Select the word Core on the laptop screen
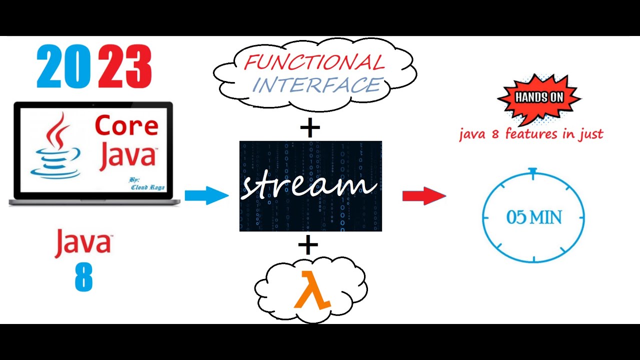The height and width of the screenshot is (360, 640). tap(126, 125)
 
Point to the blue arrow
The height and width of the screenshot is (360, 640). tap(206, 195)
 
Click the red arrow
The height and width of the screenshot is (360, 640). tap(424, 195)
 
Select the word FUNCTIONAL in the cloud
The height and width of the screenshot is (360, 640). tap(314, 62)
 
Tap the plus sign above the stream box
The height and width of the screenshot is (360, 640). tap(310, 128)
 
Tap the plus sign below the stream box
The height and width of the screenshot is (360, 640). tap(308, 245)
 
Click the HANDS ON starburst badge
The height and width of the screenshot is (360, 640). tap(539, 98)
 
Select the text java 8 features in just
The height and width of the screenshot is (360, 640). tap(531, 134)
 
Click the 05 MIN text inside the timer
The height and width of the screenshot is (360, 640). tap(534, 217)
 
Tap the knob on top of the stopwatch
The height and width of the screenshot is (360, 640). tap(533, 172)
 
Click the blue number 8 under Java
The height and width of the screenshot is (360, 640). tap(83, 276)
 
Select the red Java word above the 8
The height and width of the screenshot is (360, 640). tap(83, 243)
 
